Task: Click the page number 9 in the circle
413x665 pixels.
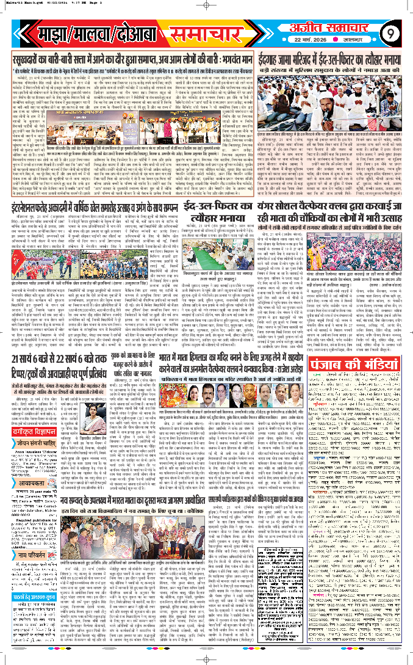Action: [x=390, y=32]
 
